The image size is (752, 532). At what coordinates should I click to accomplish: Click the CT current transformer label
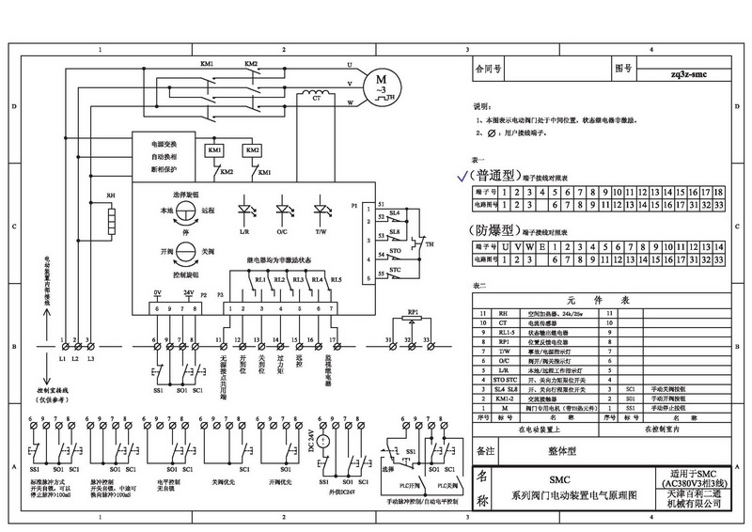click(x=316, y=98)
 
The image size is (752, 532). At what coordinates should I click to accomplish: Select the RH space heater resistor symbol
click(x=110, y=218)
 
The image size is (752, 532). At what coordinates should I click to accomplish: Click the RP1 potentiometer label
click(x=412, y=311)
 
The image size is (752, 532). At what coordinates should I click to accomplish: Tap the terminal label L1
click(x=62, y=360)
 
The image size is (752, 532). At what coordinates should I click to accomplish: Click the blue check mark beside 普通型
click(x=461, y=176)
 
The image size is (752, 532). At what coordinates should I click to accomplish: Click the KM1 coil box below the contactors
click(x=215, y=151)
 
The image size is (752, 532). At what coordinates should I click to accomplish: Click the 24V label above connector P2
click(x=188, y=294)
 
